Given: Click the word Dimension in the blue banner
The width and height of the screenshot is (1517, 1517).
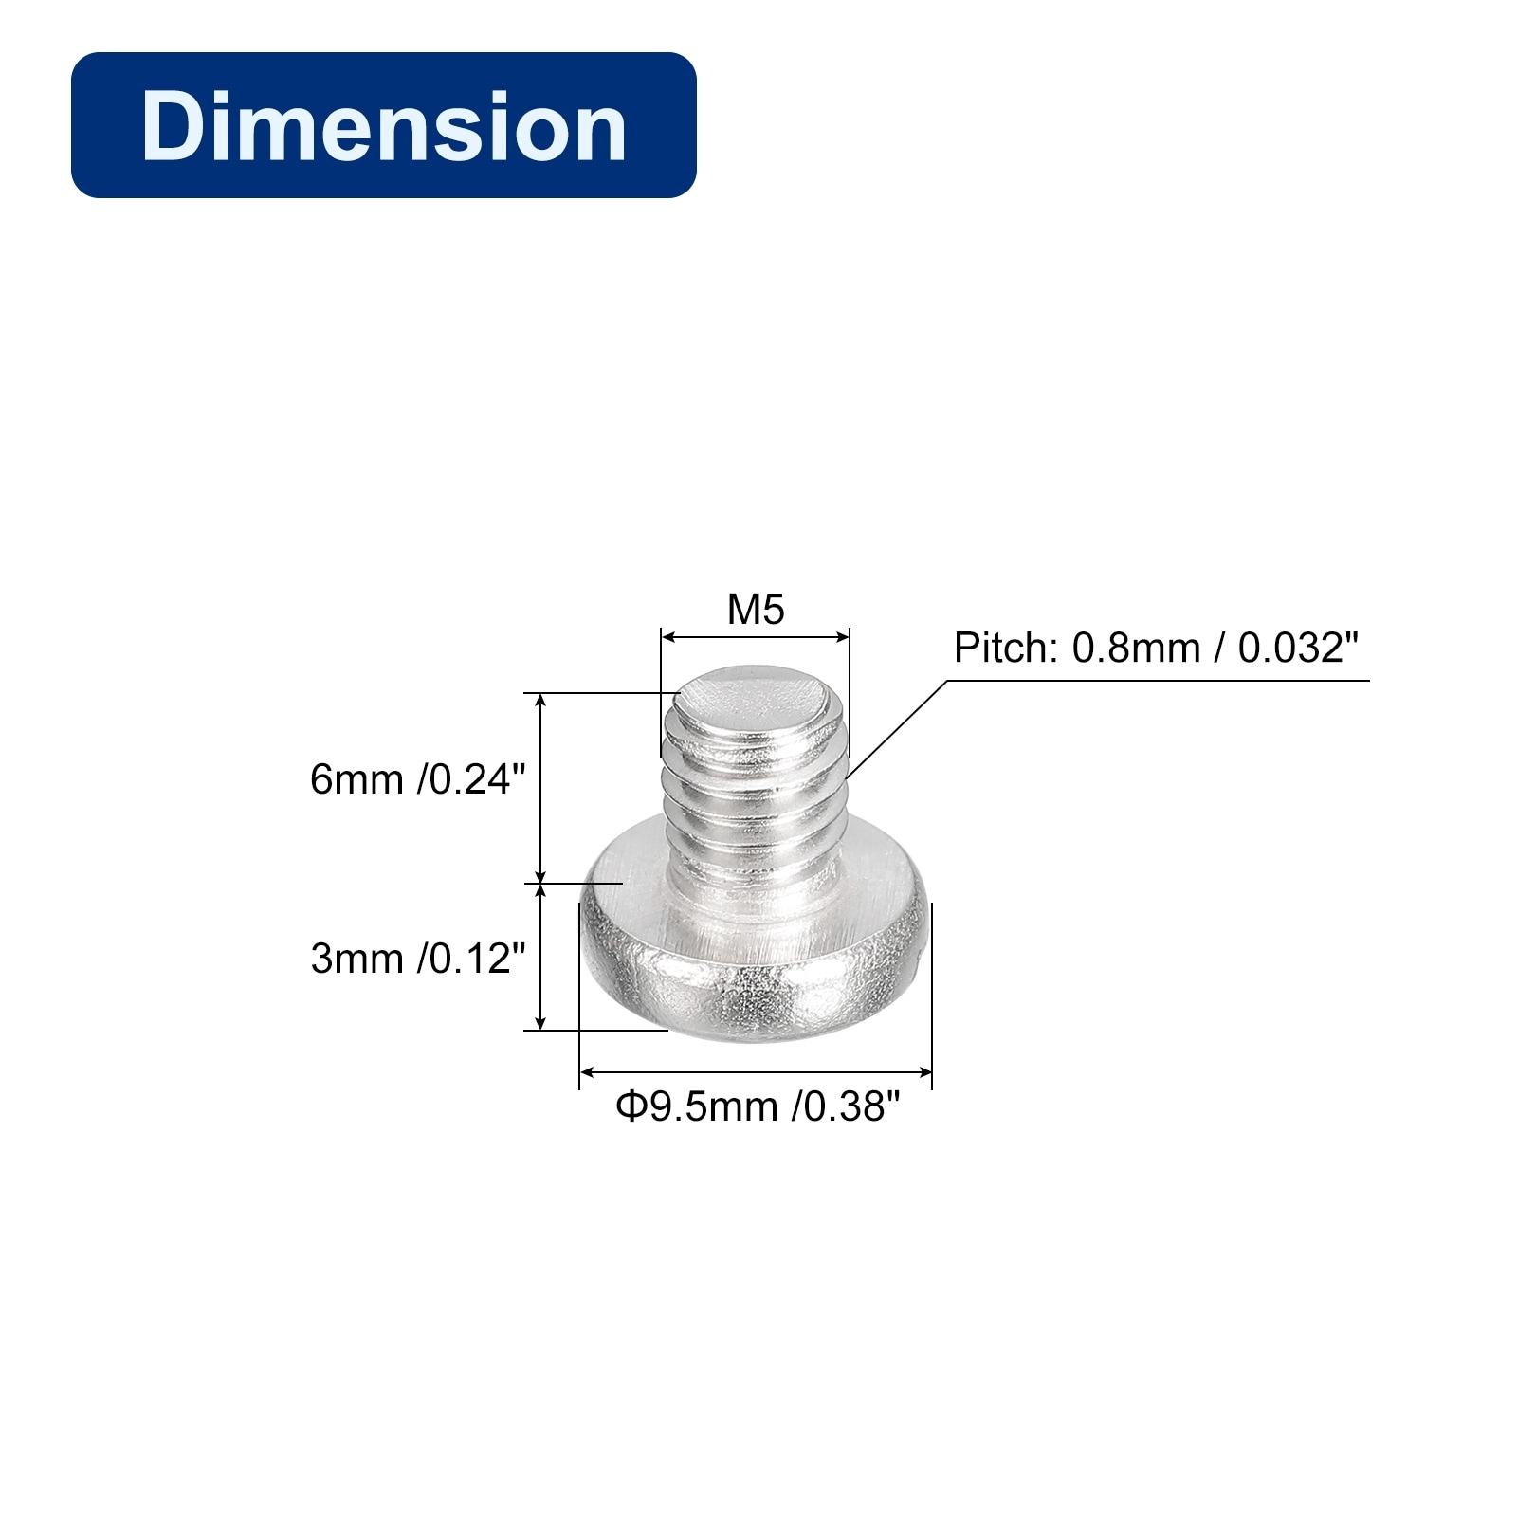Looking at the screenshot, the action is (x=384, y=126).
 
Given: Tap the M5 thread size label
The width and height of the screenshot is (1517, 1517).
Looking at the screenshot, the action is (x=756, y=610).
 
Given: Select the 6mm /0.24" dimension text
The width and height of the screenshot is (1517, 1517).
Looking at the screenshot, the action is (x=417, y=779).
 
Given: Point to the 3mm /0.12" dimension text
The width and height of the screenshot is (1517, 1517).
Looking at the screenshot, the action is (x=417, y=959).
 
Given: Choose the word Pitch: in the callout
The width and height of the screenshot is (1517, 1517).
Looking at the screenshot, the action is (x=1006, y=649).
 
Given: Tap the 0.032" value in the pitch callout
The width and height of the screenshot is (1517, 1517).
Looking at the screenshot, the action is (x=1298, y=649).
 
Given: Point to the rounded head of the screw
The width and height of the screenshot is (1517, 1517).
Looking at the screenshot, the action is (x=755, y=958).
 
